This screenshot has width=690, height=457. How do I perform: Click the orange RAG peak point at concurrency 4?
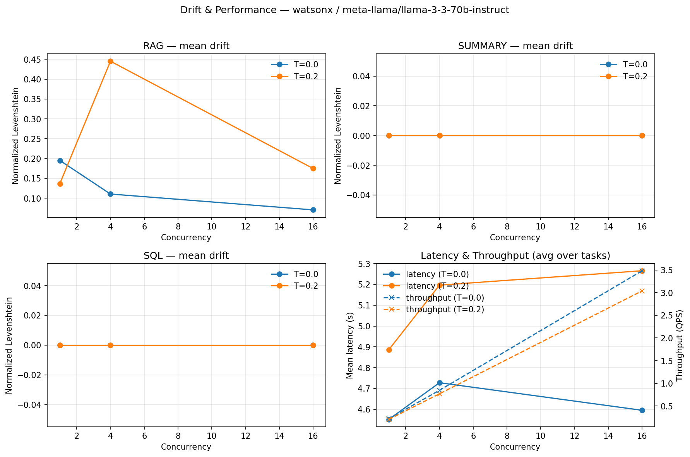110,61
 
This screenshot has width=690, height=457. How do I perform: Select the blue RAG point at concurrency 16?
313,210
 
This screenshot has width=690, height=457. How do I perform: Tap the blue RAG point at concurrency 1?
60,161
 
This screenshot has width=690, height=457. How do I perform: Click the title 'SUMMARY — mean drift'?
515,46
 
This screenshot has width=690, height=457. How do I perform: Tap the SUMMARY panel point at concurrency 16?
642,135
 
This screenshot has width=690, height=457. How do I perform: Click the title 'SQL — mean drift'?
186,256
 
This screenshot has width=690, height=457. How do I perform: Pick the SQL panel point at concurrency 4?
110,345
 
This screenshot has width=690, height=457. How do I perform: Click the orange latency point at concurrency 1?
389,350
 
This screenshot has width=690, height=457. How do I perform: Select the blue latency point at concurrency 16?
642,410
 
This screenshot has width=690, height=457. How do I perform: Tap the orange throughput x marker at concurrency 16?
642,291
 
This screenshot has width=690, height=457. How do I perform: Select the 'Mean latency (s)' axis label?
349,345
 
